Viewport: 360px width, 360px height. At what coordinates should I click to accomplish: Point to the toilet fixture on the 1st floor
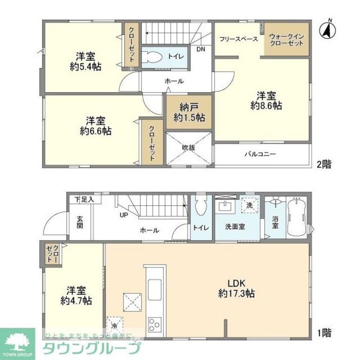[200, 206]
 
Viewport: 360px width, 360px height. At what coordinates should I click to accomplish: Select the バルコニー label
[260, 154]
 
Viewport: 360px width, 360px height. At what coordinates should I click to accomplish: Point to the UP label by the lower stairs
[124, 215]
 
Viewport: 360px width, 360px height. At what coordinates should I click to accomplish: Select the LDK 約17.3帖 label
[237, 288]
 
